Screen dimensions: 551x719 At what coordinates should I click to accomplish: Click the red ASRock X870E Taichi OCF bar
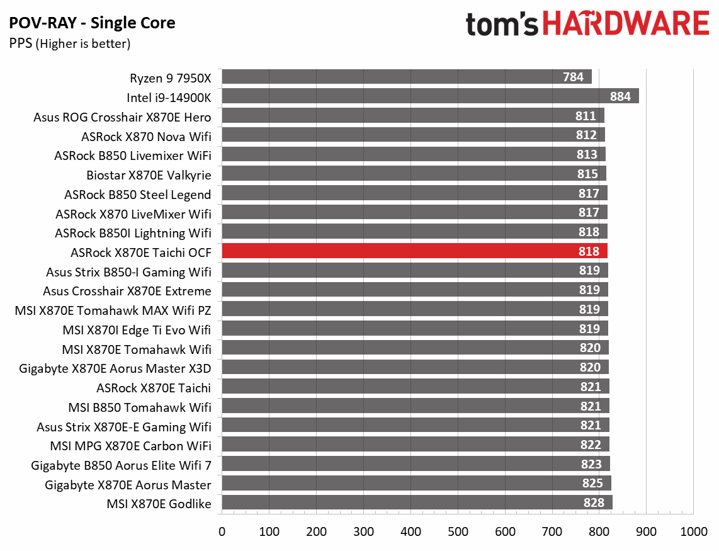[x=414, y=251]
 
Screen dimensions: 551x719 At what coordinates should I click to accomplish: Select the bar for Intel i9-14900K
[x=430, y=96]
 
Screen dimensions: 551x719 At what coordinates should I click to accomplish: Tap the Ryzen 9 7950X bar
[x=406, y=77]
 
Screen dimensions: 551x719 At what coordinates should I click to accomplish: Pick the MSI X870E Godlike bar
[x=417, y=503]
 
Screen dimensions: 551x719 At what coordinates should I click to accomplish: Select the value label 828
[x=594, y=503]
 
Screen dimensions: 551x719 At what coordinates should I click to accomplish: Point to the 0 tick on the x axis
[x=222, y=531]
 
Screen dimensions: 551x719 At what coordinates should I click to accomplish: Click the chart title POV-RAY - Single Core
[x=92, y=24]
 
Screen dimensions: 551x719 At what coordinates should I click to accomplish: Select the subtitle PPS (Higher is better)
[x=69, y=43]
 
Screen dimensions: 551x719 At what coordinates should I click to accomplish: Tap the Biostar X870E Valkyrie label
[x=149, y=174]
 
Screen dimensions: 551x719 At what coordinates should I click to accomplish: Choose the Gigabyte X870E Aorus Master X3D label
[x=115, y=368]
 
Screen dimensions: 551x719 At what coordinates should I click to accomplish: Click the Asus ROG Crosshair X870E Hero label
[x=122, y=116]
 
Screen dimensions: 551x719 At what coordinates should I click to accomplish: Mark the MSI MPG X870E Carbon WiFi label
[x=130, y=446]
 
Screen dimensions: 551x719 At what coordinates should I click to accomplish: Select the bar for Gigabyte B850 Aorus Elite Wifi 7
[x=416, y=464]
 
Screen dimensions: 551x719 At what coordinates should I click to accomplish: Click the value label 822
[x=591, y=445]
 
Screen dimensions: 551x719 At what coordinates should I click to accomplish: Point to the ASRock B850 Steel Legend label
[x=137, y=194]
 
